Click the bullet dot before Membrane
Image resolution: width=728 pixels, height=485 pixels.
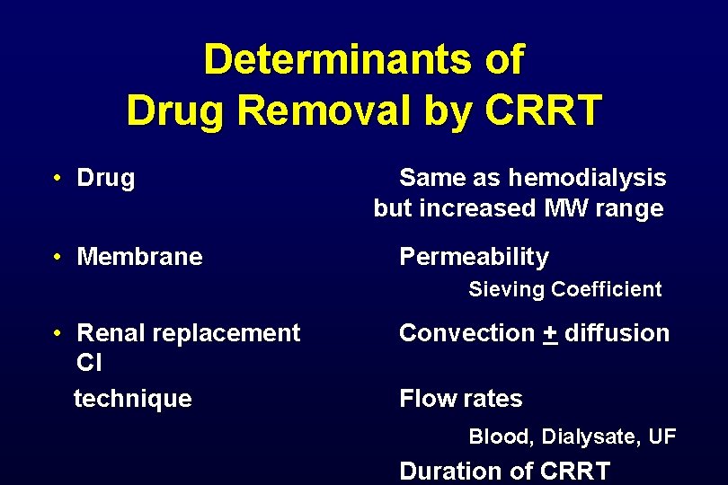56,258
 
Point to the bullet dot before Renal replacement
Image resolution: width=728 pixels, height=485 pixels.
56,333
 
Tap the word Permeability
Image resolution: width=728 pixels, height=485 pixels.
474,257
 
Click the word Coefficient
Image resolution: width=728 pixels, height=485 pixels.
607,289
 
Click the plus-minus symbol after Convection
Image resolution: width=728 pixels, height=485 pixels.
550,333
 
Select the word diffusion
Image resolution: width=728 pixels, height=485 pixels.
617,333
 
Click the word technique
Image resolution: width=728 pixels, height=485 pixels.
133,398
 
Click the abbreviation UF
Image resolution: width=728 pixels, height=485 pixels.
661,436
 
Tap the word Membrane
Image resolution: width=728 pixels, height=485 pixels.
140,257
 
